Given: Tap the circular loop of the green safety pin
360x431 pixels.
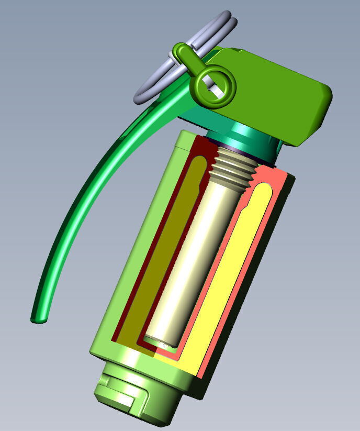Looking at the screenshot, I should point(215,85).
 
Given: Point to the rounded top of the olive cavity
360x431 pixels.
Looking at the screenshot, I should point(196,165).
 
